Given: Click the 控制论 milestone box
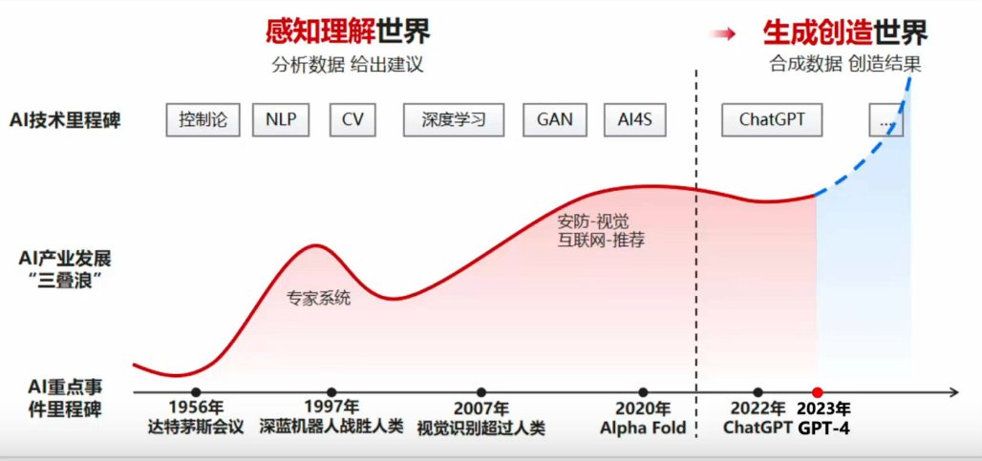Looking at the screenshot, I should coord(203,120).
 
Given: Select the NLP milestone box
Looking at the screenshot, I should coord(281,120).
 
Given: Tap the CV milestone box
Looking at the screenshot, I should coord(352,120).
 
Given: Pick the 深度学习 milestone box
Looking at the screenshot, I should coord(454,120).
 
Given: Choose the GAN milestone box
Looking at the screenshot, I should coord(554,120).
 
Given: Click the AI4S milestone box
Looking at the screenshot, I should coord(635,120).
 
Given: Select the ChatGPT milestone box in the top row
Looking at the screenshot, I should coord(772,120).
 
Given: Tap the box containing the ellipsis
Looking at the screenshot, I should coord(886,121).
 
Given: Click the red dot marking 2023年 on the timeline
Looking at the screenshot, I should coord(818,391).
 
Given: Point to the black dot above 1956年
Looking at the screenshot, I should coord(196,391).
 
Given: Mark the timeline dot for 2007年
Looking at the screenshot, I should coord(481,391).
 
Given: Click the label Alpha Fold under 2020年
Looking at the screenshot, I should coord(643,428).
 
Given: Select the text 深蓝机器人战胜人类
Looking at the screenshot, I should coord(331,428).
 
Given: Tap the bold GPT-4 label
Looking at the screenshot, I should coord(823,429).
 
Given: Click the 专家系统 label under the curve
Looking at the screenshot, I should coord(318,298).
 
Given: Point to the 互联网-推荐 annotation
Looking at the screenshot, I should coord(601,240).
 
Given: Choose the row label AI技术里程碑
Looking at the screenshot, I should coord(65,120).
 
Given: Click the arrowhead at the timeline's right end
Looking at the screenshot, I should coord(953,391).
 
